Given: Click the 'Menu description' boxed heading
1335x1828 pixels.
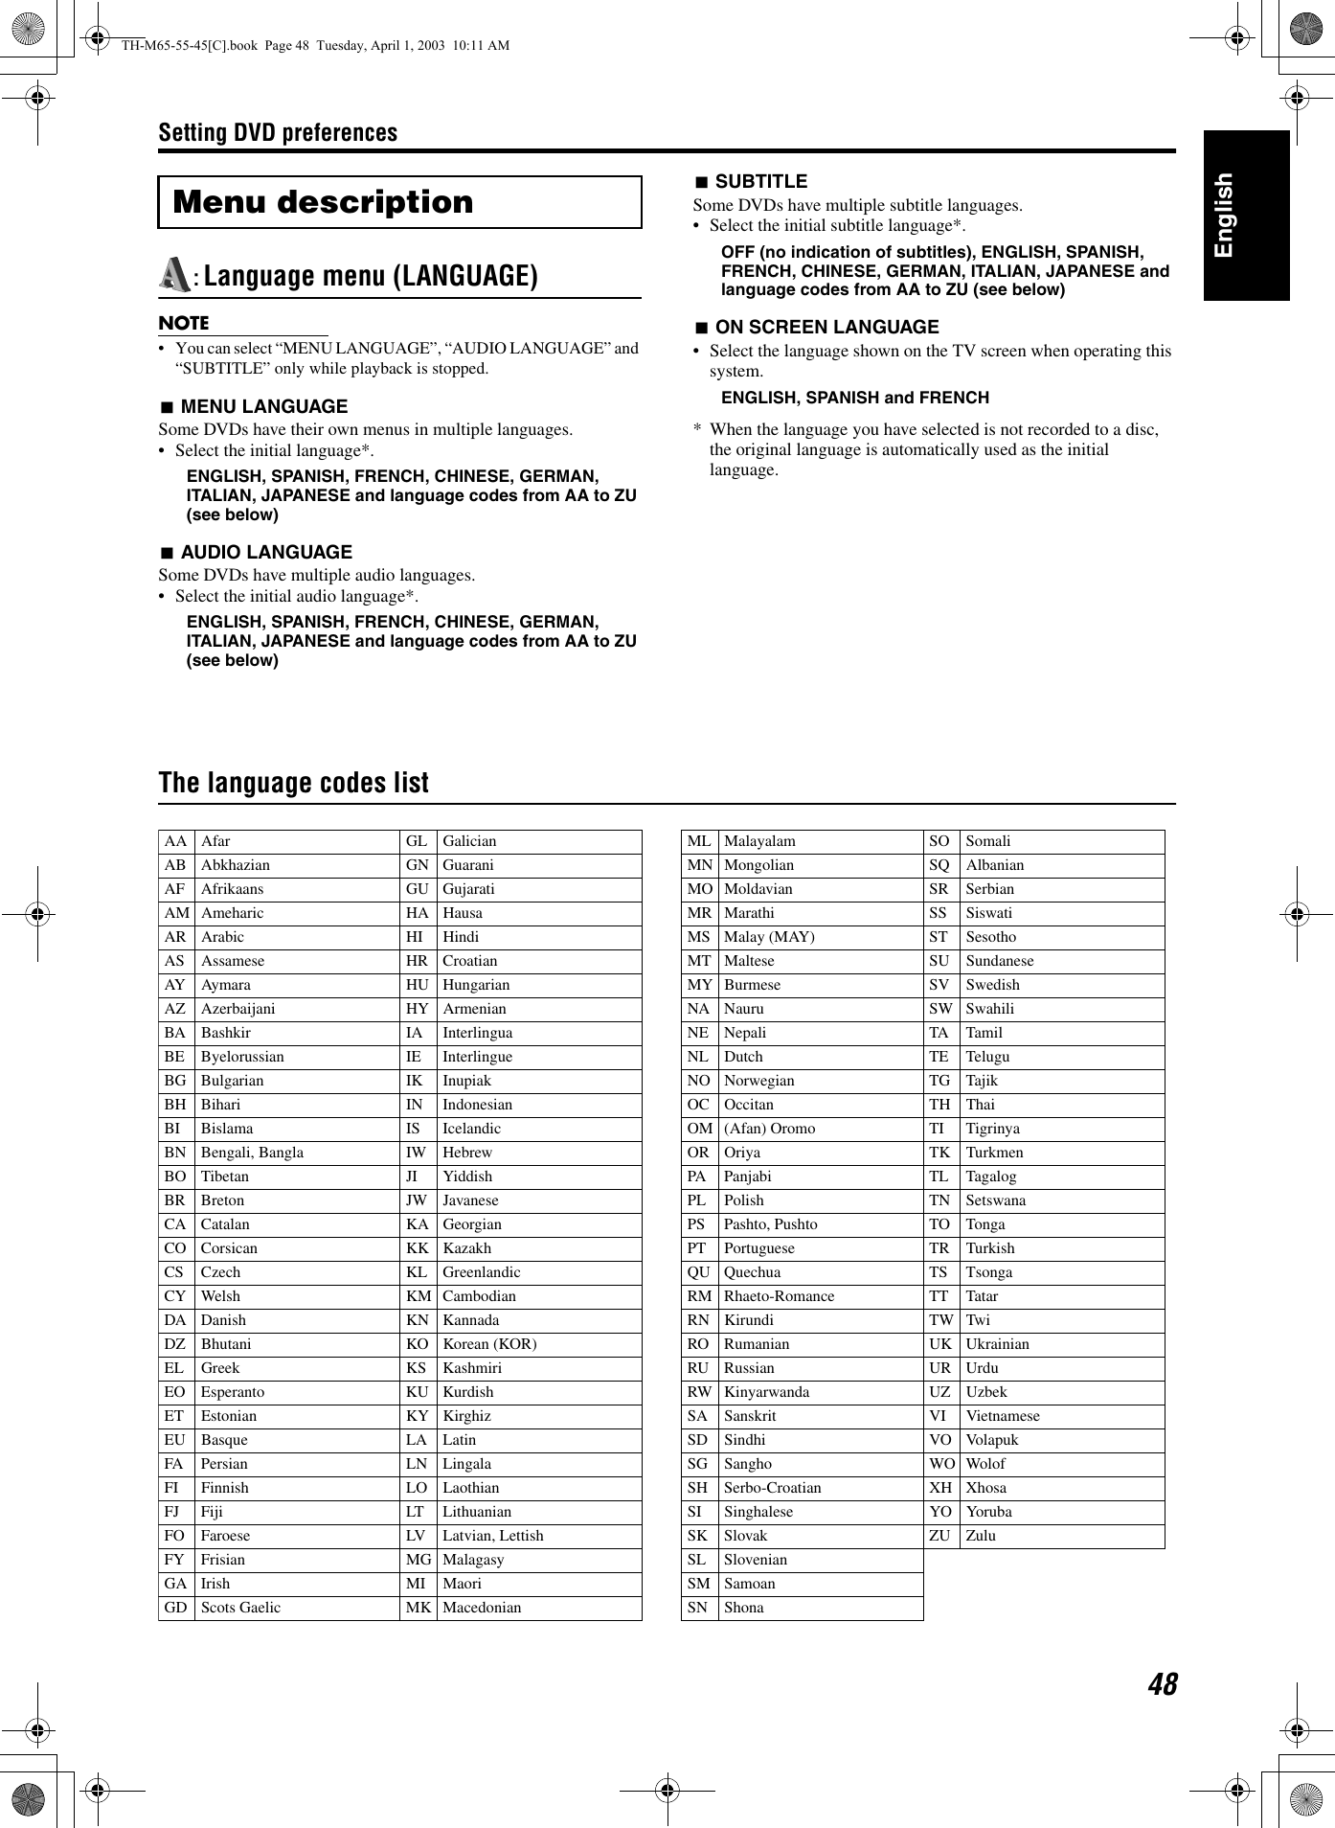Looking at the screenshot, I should click(x=323, y=202).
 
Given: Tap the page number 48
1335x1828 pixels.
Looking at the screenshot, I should click(x=1162, y=1683).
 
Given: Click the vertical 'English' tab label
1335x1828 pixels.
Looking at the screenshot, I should click(x=1224, y=216).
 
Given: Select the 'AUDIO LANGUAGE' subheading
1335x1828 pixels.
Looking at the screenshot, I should click(x=266, y=552).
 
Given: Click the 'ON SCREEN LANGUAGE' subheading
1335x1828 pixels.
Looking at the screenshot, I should click(x=826, y=327).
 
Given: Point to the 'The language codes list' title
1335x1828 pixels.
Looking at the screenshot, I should click(x=294, y=783).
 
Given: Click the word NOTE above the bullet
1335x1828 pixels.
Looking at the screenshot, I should click(x=184, y=323).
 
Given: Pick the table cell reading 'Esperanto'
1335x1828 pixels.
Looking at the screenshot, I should click(x=233, y=1392).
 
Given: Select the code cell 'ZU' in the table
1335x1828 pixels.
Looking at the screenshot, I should click(x=939, y=1536).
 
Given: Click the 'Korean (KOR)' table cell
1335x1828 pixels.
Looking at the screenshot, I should click(x=489, y=1344).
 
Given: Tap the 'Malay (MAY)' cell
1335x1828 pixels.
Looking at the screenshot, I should click(x=769, y=937).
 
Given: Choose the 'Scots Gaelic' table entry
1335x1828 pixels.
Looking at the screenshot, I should click(x=240, y=1608).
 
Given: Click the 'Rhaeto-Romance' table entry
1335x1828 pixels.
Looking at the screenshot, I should click(x=779, y=1296).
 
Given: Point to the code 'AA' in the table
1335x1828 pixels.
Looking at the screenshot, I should click(x=175, y=841).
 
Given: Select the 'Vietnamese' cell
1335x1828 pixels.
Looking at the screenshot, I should click(x=1002, y=1416).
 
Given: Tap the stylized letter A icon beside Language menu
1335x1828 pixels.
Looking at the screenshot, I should click(x=174, y=275).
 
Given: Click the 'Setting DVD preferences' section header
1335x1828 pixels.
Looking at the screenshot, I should click(x=278, y=132).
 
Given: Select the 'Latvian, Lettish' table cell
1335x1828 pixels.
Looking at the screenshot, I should click(x=492, y=1536).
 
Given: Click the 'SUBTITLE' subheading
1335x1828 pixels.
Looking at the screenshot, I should click(x=760, y=181).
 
